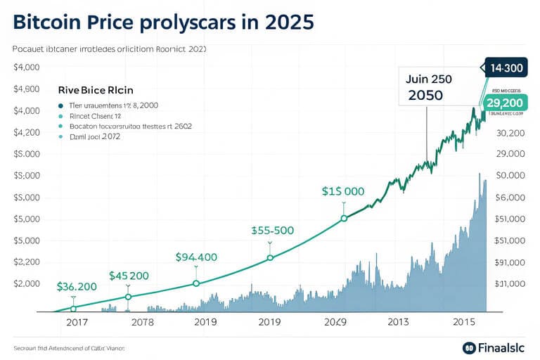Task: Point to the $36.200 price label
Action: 77,287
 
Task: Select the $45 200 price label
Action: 129,276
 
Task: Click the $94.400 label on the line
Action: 196,257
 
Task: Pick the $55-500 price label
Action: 272,230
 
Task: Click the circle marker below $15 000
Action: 344,218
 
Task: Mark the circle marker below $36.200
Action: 73,308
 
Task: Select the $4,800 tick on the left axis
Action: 29,89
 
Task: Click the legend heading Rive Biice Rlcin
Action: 95,91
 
